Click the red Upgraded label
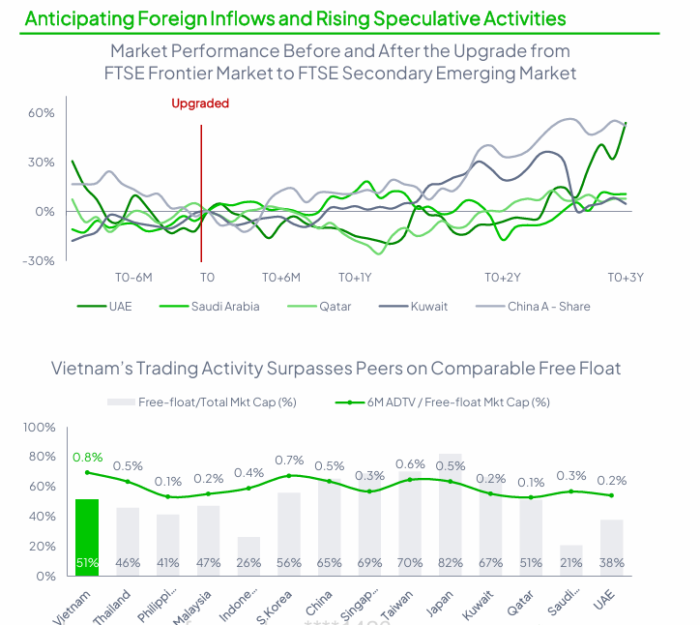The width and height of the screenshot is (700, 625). click(x=200, y=104)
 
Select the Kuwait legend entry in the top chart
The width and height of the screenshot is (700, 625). click(x=428, y=307)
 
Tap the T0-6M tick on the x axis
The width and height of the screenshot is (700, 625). click(x=134, y=277)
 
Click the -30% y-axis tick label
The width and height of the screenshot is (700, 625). click(x=38, y=261)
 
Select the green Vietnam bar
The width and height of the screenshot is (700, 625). click(x=87, y=537)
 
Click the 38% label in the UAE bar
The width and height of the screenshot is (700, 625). click(x=610, y=562)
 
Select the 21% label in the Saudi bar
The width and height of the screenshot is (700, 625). click(x=569, y=562)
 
